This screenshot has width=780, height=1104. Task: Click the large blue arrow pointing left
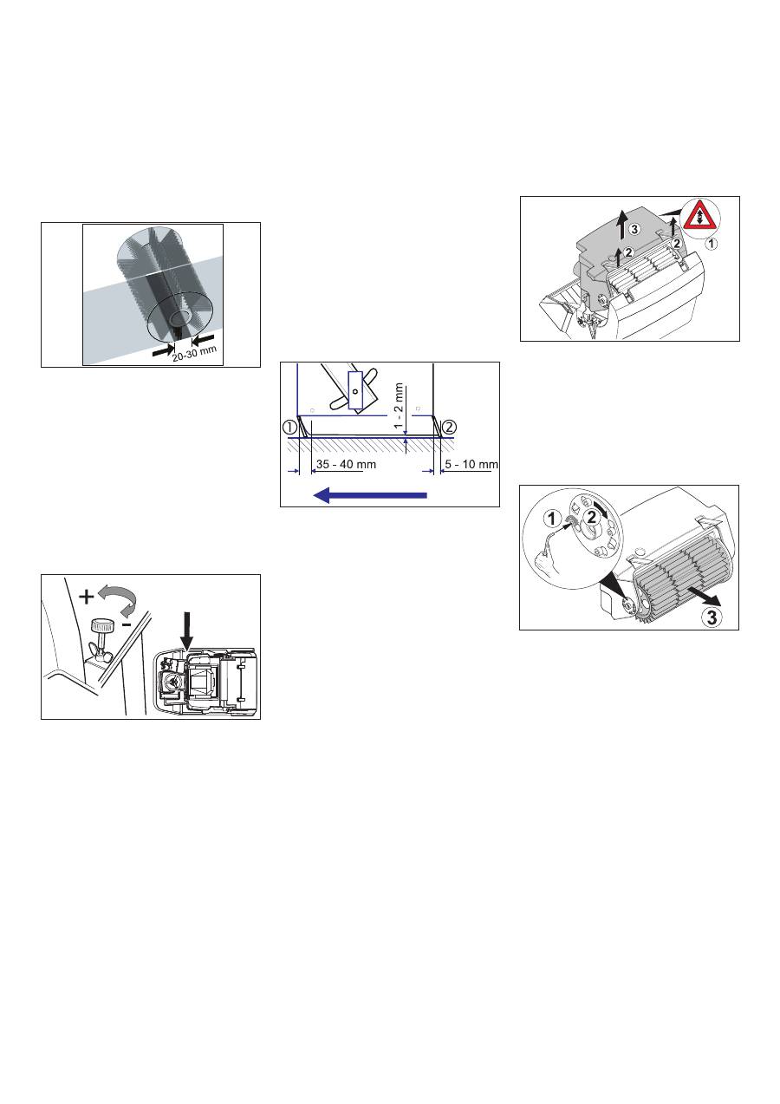click(370, 494)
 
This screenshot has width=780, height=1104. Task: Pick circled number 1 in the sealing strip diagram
click(289, 426)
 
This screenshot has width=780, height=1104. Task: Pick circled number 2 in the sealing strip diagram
click(448, 426)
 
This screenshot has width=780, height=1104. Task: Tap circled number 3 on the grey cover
click(635, 230)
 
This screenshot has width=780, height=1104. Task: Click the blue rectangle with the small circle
click(354, 391)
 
